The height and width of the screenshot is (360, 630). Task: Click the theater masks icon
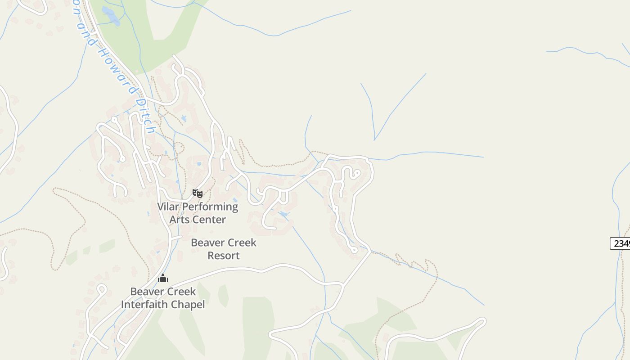click(198, 193)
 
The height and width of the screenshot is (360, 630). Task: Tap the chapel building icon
click(163, 278)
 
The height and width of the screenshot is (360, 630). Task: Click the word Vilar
click(167, 207)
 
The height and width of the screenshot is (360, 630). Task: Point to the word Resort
click(224, 256)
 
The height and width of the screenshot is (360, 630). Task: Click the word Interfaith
click(144, 305)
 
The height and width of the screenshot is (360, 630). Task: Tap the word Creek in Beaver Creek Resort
click(240, 243)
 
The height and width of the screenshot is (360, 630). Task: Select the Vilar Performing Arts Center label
click(198, 213)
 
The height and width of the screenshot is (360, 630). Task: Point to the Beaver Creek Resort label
click(224, 249)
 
